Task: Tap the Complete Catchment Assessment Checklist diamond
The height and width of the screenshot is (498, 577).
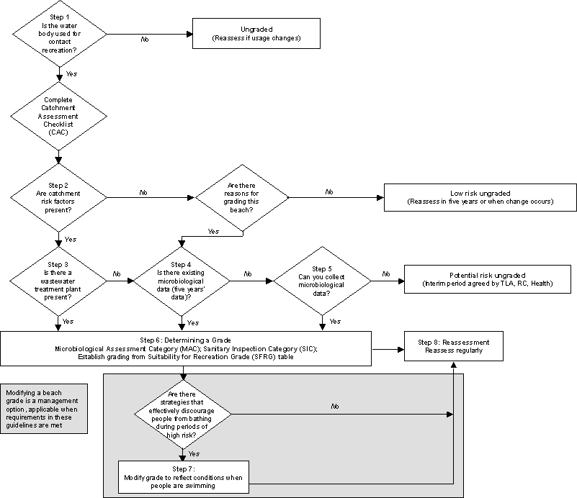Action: coord(58,115)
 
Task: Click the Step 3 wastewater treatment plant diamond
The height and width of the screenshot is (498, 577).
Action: coord(58,274)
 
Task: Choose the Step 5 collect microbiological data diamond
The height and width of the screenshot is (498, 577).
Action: coord(321,274)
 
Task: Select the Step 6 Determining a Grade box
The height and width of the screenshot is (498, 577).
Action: coord(186,349)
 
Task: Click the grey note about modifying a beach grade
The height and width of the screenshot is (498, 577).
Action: coord(45,409)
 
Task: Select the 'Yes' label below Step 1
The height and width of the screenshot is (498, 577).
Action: coord(71,73)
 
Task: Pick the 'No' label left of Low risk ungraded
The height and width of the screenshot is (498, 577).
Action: coord(329,192)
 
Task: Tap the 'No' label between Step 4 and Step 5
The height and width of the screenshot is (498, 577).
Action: coord(247,273)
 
